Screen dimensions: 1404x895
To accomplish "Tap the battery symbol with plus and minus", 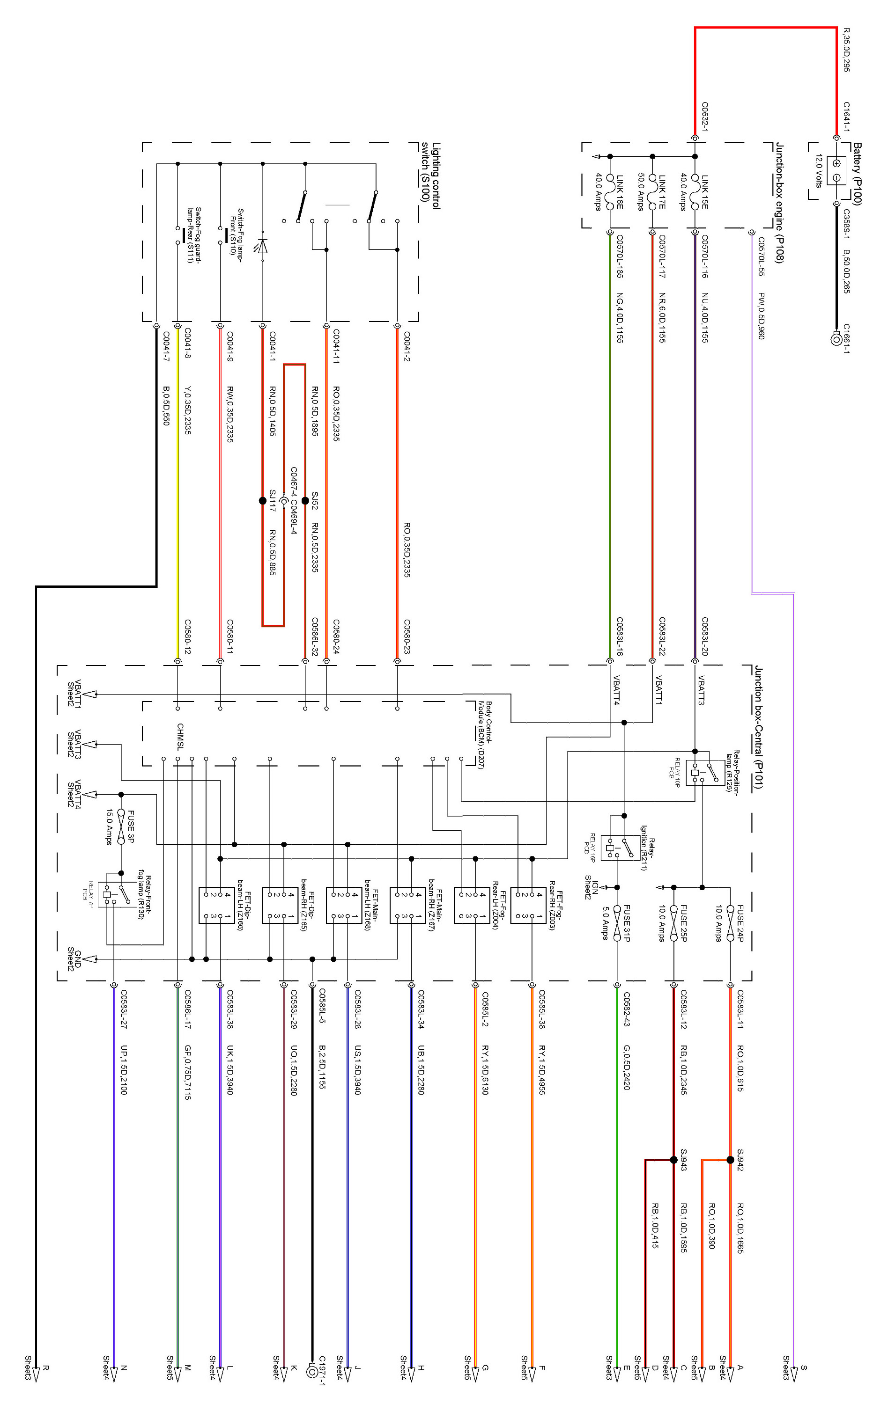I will point(836,170).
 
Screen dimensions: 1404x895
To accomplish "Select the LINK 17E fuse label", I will point(662,192).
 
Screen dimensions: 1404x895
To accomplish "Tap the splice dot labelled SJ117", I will point(263,500).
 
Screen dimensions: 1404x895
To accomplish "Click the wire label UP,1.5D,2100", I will point(124,1069).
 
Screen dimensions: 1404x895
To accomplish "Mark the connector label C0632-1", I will point(705,117).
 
